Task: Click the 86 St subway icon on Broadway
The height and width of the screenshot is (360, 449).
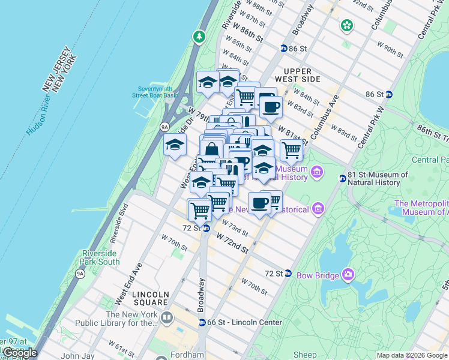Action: coord(283,48)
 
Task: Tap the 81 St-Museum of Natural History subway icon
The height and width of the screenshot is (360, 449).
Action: coord(342,178)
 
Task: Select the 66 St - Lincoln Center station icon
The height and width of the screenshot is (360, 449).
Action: coord(202,322)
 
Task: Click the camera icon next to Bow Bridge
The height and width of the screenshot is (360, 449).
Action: coord(348,275)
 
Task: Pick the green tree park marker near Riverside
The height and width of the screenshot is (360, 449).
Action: coord(199,37)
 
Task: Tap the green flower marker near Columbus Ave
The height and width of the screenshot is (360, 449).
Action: coord(346,25)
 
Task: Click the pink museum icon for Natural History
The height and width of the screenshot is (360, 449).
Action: coord(318,173)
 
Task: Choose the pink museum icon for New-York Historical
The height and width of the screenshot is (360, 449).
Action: coord(318,209)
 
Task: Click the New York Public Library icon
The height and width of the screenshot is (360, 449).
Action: coord(166,317)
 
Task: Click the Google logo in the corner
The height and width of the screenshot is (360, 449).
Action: coord(19,353)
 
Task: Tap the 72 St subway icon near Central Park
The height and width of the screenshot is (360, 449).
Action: coord(288,273)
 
